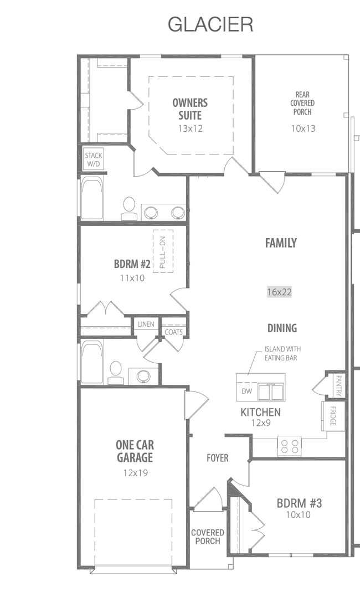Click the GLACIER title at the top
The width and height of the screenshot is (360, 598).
pyautogui.click(x=210, y=24)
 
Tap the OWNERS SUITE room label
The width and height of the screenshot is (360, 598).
pyautogui.click(x=190, y=109)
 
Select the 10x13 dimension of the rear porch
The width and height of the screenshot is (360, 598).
pyautogui.click(x=302, y=128)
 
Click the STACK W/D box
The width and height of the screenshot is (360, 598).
pyautogui.click(x=93, y=159)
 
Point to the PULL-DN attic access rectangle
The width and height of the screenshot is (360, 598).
pyautogui.click(x=163, y=250)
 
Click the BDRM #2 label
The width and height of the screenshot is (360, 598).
pyautogui.click(x=132, y=264)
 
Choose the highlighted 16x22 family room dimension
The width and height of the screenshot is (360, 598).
pyautogui.click(x=280, y=292)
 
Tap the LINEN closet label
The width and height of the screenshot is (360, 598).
pyautogui.click(x=146, y=324)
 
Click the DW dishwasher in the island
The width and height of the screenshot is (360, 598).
pyautogui.click(x=246, y=391)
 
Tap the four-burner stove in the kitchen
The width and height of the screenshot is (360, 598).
pyautogui.click(x=289, y=446)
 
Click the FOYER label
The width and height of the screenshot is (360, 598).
pyautogui.click(x=218, y=458)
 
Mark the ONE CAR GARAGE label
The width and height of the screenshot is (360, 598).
pyautogui.click(x=135, y=451)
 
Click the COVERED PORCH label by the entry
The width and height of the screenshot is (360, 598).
pyautogui.click(x=208, y=537)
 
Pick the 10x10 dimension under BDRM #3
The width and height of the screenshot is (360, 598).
pyautogui.click(x=299, y=514)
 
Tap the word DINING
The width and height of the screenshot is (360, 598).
pyautogui.click(x=282, y=328)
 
